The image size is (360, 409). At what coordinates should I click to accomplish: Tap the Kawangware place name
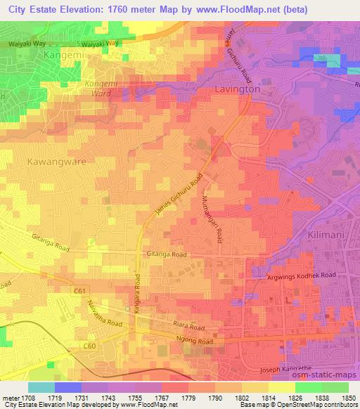56,161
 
